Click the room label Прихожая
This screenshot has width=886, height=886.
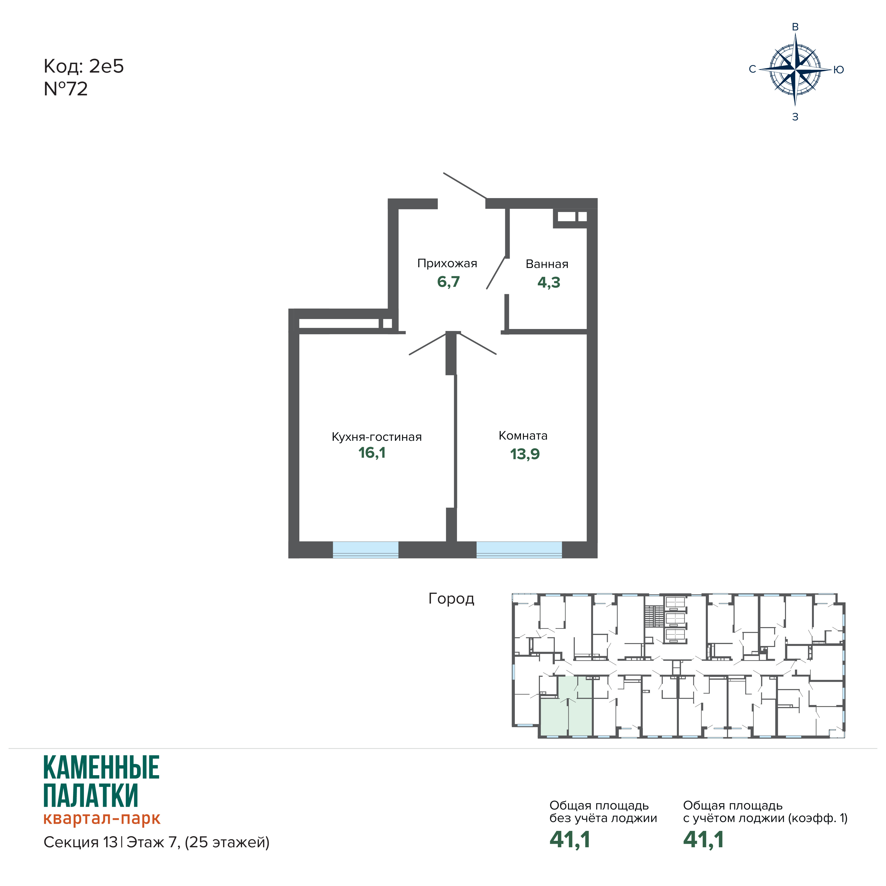tap(447, 264)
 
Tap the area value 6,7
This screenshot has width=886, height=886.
tap(448, 282)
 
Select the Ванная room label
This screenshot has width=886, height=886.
tap(547, 264)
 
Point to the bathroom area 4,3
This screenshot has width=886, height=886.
tap(549, 282)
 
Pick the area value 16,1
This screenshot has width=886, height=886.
tap(372, 453)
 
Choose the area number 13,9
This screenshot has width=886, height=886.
tap(525, 454)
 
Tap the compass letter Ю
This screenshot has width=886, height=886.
tap(839, 70)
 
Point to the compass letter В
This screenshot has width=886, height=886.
tap(795, 27)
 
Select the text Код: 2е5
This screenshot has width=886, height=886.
tap(83, 66)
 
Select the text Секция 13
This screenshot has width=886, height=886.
tap(80, 842)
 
